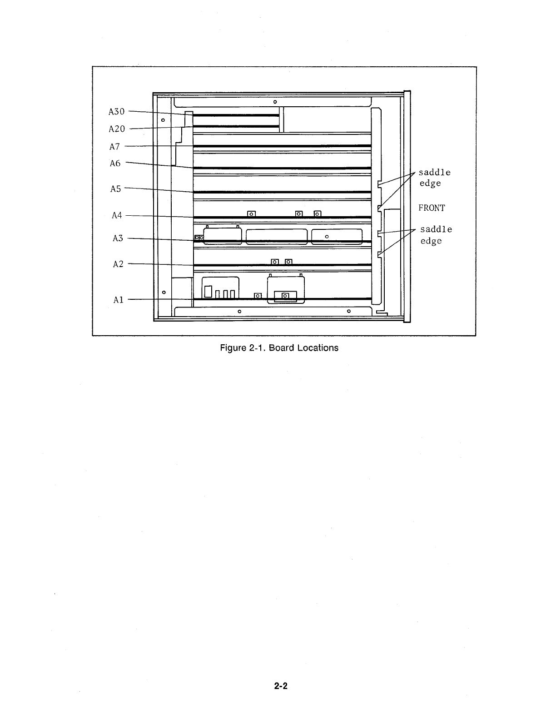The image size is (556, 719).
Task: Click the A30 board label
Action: (117, 111)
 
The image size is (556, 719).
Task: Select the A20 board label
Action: (117, 129)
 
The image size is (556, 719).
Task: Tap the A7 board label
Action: (114, 147)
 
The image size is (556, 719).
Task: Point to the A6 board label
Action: (115, 163)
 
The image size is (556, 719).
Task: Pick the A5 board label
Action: (116, 188)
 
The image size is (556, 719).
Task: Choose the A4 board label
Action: (117, 215)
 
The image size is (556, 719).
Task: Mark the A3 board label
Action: (118, 238)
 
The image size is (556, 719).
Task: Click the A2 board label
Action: (118, 264)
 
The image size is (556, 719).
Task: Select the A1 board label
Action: (119, 300)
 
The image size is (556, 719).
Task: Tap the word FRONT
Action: (432, 208)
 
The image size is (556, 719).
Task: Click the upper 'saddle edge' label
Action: (434, 178)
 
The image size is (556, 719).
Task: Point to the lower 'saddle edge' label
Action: (436, 235)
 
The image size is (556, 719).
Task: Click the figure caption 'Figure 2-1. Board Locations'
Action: (279, 348)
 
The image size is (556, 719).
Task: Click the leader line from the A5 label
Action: (159, 190)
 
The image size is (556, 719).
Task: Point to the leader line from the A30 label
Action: (157, 112)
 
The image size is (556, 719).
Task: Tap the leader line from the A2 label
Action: (161, 264)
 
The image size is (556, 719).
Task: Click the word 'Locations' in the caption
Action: (318, 348)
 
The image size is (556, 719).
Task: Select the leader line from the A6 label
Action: (159, 165)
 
